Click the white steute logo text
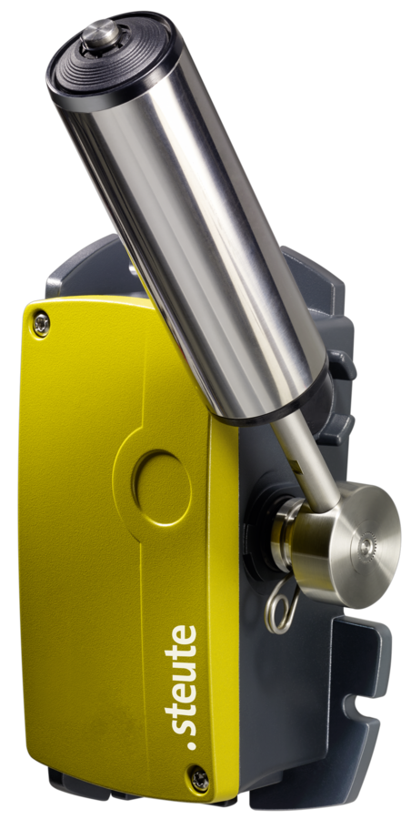(x=181, y=687)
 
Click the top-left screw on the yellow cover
(x=41, y=324)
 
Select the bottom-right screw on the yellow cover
(x=199, y=779)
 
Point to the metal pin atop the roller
(x=100, y=34)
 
